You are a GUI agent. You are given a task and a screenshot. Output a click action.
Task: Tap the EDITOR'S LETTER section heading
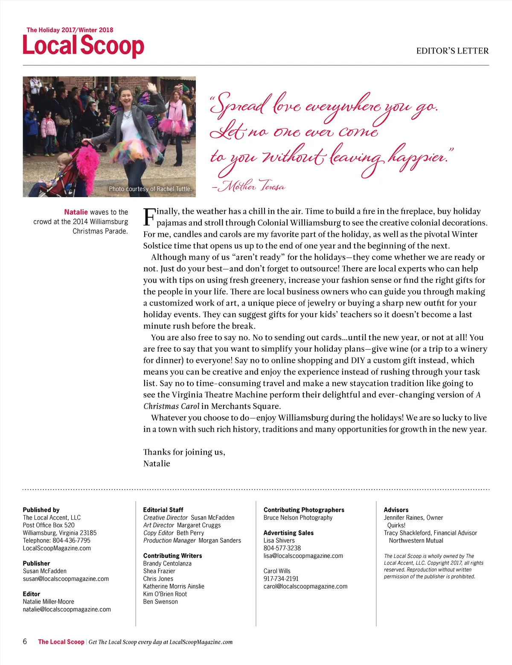(452, 51)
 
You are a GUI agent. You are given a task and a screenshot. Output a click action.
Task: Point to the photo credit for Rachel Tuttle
(150, 189)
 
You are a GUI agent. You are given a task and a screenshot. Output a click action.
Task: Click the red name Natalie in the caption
(76, 212)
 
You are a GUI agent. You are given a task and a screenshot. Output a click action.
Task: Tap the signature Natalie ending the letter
(157, 464)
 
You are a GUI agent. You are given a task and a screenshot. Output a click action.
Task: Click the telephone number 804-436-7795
(71, 540)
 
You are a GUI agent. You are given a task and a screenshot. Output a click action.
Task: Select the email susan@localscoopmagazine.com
(66, 579)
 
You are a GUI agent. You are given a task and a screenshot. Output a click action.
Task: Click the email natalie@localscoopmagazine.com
(67, 610)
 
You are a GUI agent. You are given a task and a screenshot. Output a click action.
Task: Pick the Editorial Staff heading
(163, 510)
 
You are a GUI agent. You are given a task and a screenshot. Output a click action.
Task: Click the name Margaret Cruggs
(199, 525)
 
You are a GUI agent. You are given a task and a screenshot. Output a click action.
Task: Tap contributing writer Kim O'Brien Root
(165, 594)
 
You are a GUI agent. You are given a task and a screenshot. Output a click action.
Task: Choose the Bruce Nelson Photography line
(298, 517)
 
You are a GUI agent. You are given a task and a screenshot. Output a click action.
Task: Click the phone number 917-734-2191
(281, 579)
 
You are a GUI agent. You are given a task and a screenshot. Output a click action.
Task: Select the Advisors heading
(396, 510)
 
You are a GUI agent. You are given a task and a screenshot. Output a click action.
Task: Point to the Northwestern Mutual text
(416, 540)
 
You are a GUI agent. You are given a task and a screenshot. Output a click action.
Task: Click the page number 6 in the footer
(25, 642)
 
